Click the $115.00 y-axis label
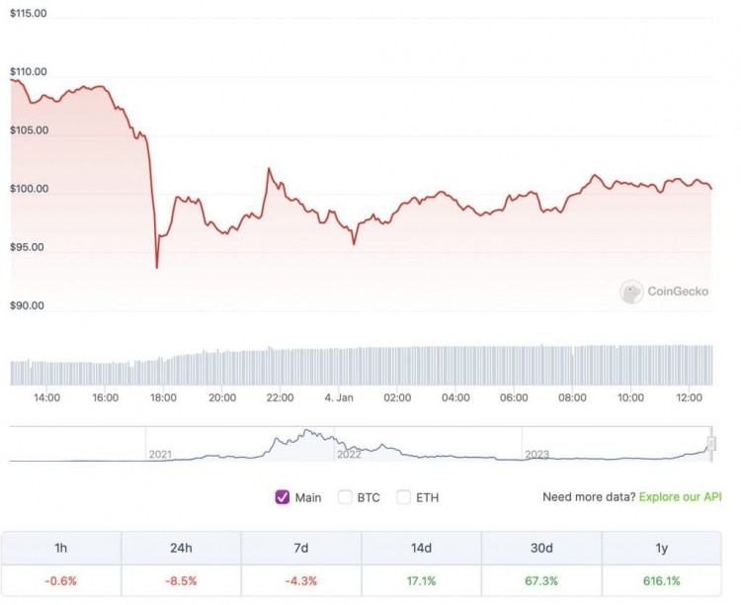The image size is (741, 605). (28, 15)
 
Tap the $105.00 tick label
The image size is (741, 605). (28, 130)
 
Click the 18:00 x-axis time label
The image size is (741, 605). (163, 397)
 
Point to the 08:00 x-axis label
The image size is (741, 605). (572, 397)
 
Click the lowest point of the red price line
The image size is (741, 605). (157, 267)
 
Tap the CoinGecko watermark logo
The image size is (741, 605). (631, 292)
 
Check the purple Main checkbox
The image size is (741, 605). (282, 497)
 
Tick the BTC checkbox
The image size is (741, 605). (345, 497)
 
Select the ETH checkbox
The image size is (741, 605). (403, 497)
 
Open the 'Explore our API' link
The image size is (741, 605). (681, 497)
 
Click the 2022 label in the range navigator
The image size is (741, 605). (349, 455)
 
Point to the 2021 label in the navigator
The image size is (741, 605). (160, 455)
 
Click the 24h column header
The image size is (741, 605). (181, 549)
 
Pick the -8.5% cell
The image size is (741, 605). (181, 580)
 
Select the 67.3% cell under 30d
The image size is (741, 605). (542, 580)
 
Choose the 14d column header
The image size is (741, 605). (422, 549)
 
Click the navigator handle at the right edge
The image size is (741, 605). (711, 444)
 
